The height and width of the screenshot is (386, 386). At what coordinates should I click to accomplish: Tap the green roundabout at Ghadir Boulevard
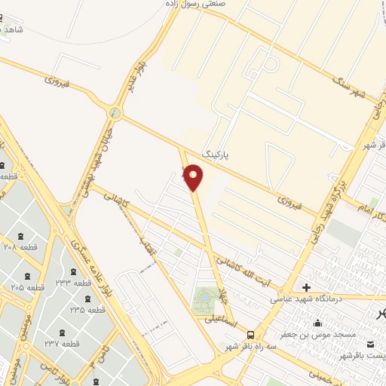pos(115,113)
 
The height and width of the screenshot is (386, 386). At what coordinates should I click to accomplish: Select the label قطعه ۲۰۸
pos(20,247)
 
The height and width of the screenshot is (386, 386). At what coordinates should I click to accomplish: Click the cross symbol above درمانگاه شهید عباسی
pos(306,287)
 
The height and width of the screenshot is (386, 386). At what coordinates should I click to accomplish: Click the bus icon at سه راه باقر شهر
pos(251,335)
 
